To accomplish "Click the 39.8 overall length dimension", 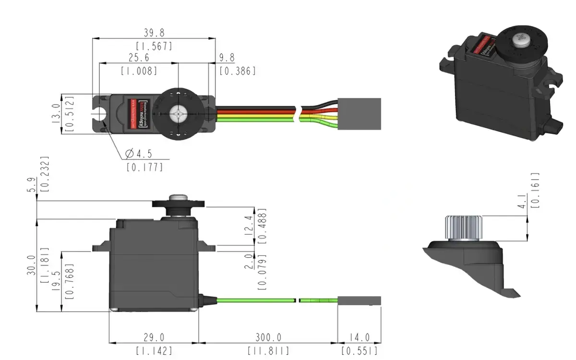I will pos(154,33).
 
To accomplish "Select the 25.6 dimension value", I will pos(139,58).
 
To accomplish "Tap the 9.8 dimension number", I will pos(227,58).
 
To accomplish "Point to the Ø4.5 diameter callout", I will pos(139,154).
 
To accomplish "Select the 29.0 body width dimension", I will pos(154,338).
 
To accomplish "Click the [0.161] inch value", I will pos(536,190).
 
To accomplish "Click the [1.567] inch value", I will pos(154,46).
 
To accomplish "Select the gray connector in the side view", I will pos(359,301).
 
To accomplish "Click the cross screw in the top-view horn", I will pos(178,114).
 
